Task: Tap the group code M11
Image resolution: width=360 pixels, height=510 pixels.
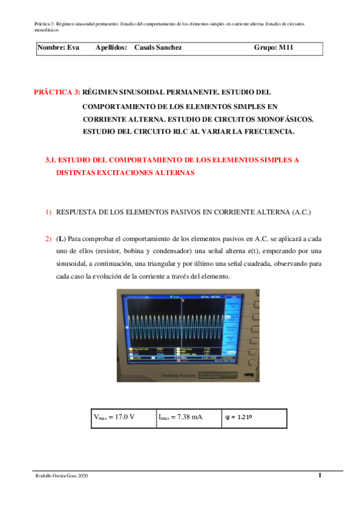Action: click(x=286, y=47)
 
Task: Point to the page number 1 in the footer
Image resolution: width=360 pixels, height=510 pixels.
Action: click(x=320, y=476)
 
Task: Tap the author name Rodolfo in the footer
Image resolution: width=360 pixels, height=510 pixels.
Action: click(x=45, y=476)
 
